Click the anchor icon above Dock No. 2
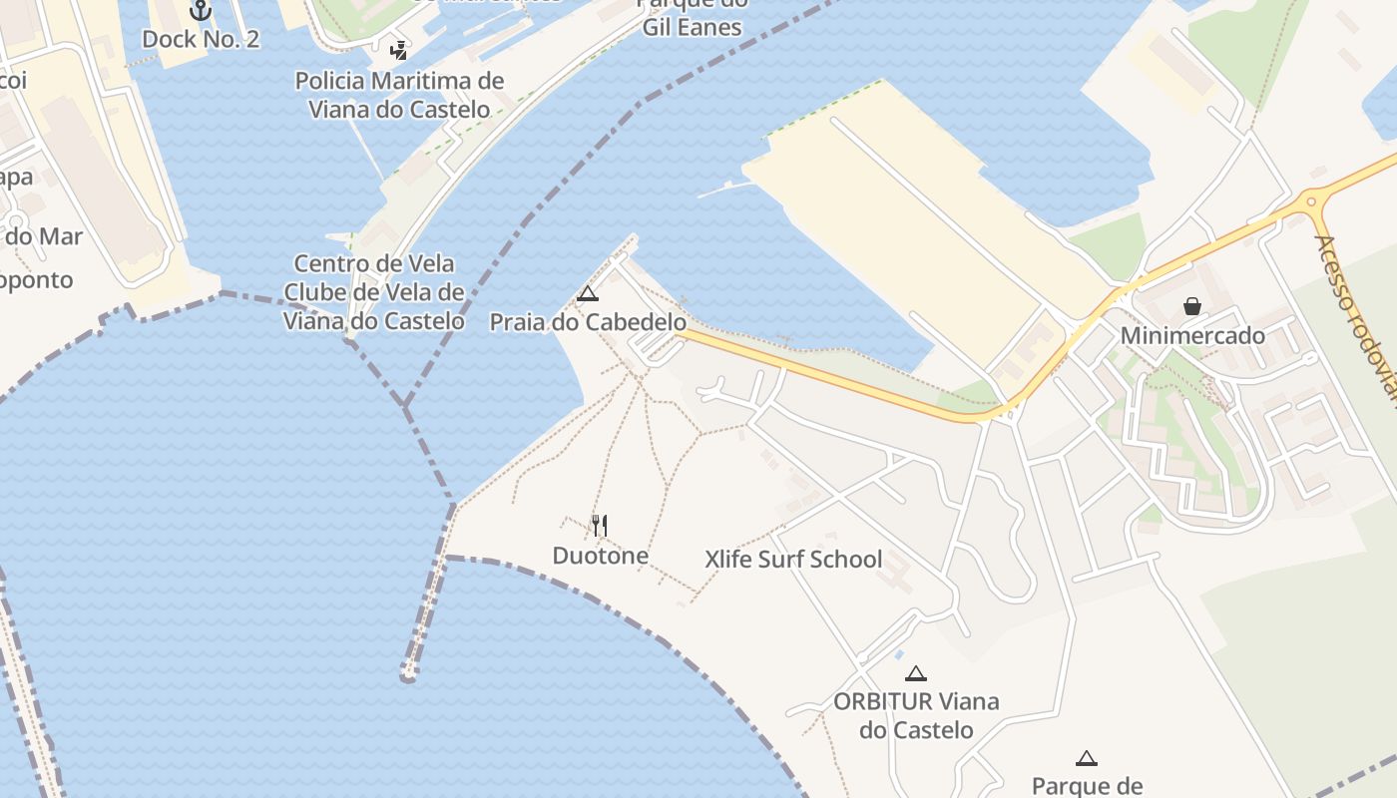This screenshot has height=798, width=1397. click(x=201, y=10)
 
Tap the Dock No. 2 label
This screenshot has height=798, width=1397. click(x=201, y=39)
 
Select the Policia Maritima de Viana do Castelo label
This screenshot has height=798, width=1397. click(x=399, y=95)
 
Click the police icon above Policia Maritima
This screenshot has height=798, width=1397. click(x=398, y=50)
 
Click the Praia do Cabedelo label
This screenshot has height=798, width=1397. click(x=588, y=322)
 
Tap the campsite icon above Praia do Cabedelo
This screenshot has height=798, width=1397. click(x=588, y=293)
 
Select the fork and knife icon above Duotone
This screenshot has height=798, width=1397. click(x=600, y=526)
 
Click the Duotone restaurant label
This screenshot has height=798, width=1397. click(x=601, y=556)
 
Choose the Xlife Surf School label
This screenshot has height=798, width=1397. click(x=793, y=559)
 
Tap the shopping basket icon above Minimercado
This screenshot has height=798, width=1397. click(x=1192, y=306)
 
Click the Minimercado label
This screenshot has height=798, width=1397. click(x=1192, y=335)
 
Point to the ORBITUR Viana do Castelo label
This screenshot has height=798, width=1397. click(x=916, y=715)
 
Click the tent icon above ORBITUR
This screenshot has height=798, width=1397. click(x=916, y=673)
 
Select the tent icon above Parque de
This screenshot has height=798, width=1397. click(x=1087, y=758)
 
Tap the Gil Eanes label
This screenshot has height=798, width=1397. click(x=692, y=27)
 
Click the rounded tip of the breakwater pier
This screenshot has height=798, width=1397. click(x=408, y=677)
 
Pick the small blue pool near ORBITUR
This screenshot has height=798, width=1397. click(x=899, y=654)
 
